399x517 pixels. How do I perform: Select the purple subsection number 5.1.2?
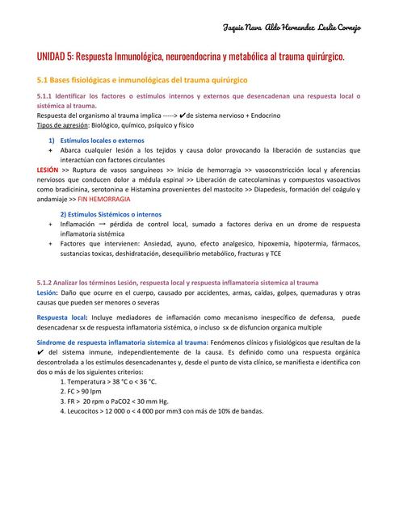(48, 282)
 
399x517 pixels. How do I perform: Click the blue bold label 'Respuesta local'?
(62, 317)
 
